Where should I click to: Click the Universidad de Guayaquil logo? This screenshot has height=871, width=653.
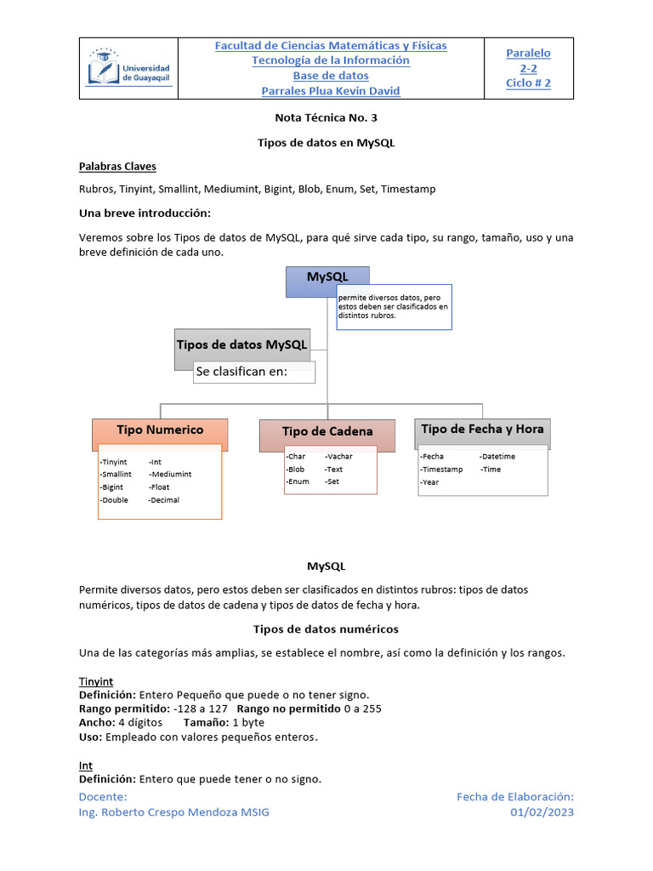pyautogui.click(x=129, y=68)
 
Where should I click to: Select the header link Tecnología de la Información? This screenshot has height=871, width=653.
pyautogui.click(x=331, y=60)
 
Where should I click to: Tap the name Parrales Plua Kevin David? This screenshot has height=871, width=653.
pyautogui.click(x=331, y=91)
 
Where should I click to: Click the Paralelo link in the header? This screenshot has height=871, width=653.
pyautogui.click(x=528, y=53)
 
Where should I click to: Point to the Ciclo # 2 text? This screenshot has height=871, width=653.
pyautogui.click(x=528, y=83)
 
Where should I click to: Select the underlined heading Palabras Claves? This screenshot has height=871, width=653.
pyautogui.click(x=117, y=166)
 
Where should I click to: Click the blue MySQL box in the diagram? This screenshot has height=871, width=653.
pyautogui.click(x=327, y=281)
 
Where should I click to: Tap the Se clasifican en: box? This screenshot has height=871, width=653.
pyautogui.click(x=253, y=372)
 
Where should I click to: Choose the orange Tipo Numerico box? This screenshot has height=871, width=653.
pyautogui.click(x=160, y=431)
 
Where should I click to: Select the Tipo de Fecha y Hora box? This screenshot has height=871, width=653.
pyautogui.click(x=482, y=430)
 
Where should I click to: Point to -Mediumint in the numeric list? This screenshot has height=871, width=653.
pyautogui.click(x=170, y=474)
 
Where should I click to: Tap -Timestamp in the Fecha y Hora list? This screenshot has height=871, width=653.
pyautogui.click(x=441, y=470)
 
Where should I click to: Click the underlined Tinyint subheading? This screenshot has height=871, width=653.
pyautogui.click(x=96, y=681)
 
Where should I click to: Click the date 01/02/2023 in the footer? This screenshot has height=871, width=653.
pyautogui.click(x=542, y=812)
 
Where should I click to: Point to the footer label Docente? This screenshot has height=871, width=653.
pyautogui.click(x=103, y=797)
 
